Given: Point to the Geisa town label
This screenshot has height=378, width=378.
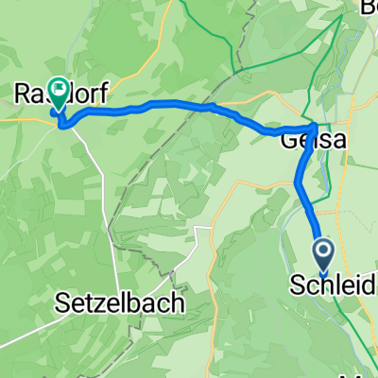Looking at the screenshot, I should click(x=308, y=139).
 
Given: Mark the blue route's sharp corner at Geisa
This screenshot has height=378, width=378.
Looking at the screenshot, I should click(x=315, y=124).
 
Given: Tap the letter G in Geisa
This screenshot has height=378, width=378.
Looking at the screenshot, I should click(x=288, y=139).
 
